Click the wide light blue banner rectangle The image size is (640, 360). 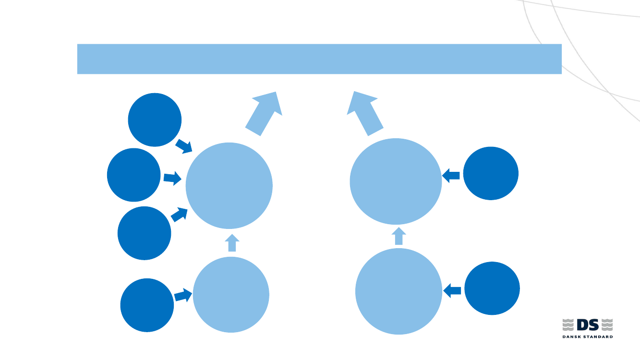coord(319,59)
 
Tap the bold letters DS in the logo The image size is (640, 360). coord(588,325)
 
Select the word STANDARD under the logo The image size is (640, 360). coord(599,337)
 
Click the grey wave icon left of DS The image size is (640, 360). coord(568,325)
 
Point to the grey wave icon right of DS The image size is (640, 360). coord(607,325)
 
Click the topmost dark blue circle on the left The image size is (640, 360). coord(155,120)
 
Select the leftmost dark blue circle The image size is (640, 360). coord(134,175)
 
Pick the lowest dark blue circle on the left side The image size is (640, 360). coord(147,305)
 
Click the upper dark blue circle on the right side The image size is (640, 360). coord(491,173)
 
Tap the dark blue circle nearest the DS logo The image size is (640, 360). coord(492,288)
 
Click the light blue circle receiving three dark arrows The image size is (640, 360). coord(229,186)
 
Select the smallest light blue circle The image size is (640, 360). coord(231,295)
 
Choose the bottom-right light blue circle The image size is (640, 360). coord(398,291)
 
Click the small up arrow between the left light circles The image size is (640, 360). coord(232,243)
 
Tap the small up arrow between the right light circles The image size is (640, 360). coord(398,236)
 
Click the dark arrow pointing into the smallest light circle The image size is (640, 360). coord(183,295)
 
